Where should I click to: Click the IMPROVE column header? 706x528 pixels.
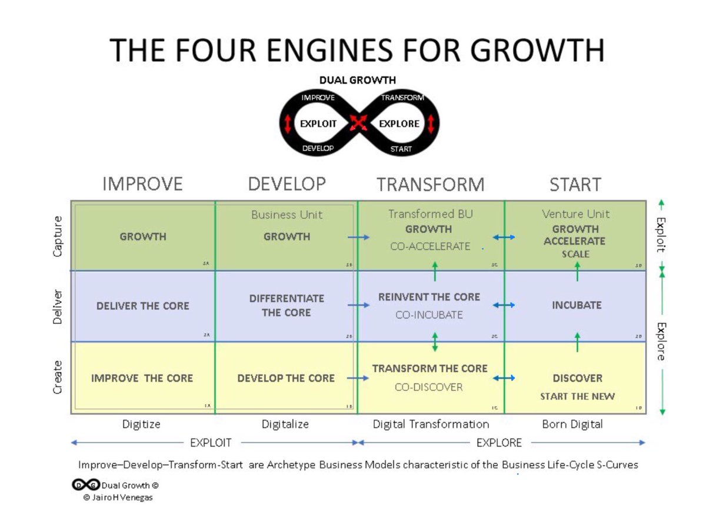(142, 184)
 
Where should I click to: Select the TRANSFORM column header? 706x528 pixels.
(431, 185)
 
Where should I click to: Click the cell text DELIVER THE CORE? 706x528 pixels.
(143, 306)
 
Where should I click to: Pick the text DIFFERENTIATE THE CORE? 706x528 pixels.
(287, 306)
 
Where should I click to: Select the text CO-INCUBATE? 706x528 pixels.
(429, 315)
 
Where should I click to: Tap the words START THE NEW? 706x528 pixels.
(577, 396)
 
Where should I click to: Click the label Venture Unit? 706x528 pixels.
(576, 214)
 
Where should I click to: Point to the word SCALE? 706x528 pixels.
(575, 254)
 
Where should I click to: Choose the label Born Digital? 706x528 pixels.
(572, 424)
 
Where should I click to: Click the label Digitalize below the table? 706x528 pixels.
(285, 424)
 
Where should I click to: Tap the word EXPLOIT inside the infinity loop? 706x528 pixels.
(318, 123)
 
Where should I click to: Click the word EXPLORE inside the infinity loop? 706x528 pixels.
(399, 123)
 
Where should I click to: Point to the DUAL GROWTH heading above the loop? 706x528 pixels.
(358, 80)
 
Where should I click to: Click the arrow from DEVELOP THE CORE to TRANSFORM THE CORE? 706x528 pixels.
(358, 378)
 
